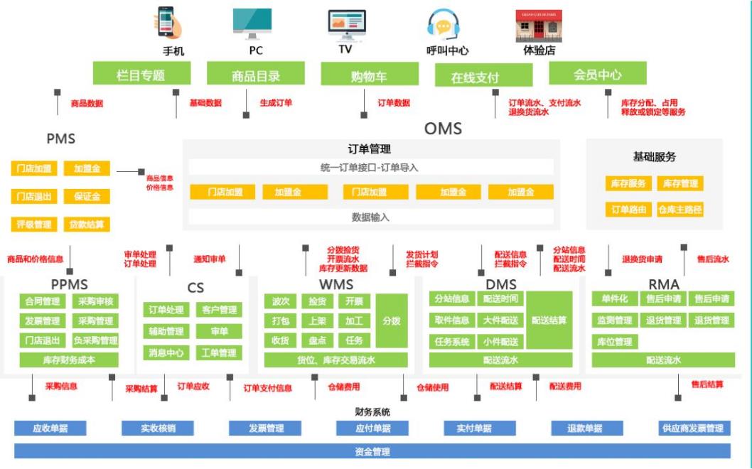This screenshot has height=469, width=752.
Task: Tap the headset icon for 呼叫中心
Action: [x=444, y=25]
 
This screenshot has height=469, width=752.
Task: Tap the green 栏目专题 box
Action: [x=141, y=74]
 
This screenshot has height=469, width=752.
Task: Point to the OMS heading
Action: [x=443, y=129]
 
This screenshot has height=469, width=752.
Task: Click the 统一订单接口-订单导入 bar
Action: [x=370, y=168]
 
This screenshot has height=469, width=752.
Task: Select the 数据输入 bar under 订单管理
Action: [x=370, y=217]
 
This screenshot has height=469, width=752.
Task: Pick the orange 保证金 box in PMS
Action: [x=87, y=196]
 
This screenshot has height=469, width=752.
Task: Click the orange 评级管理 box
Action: [x=34, y=225]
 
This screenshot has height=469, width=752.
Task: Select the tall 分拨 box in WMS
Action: [x=392, y=320]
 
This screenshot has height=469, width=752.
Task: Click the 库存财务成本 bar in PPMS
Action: [x=69, y=360]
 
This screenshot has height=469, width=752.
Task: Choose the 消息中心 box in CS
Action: [x=166, y=352]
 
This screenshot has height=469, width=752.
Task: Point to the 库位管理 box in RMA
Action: [x=614, y=342]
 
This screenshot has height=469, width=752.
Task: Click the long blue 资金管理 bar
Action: [x=372, y=451]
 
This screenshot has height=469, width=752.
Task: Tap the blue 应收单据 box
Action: [x=50, y=428]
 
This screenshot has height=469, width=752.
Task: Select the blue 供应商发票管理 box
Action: [x=694, y=428]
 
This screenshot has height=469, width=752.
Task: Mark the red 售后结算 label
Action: [x=707, y=384]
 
